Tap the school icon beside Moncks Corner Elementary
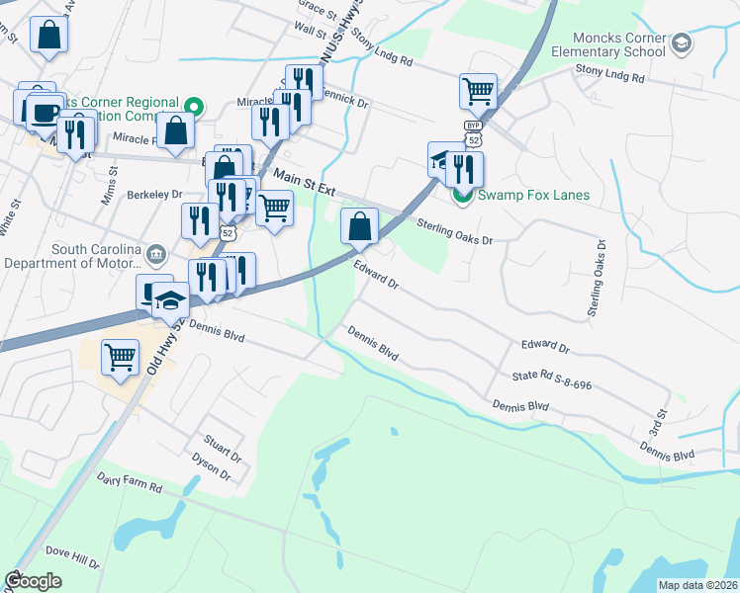pos(682,42)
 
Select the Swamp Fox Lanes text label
pos(533,195)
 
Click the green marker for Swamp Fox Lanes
pos(462,195)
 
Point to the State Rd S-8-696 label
pos(551,380)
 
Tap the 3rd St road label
pos(655,429)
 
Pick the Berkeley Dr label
pos(155,196)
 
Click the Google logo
pos(33,581)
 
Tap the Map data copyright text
pos(696,585)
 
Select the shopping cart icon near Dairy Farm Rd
pos(120,357)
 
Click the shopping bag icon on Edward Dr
pos(359,226)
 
